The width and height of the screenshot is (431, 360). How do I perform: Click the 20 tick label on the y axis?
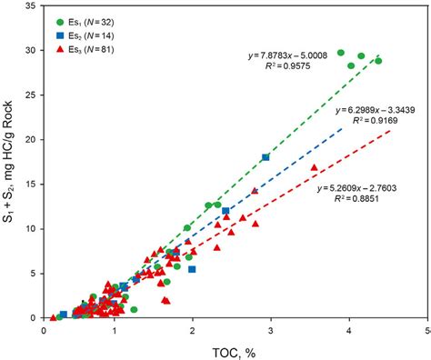point(32,139)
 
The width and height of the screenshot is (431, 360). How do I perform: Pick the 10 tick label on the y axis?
point(32,228)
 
